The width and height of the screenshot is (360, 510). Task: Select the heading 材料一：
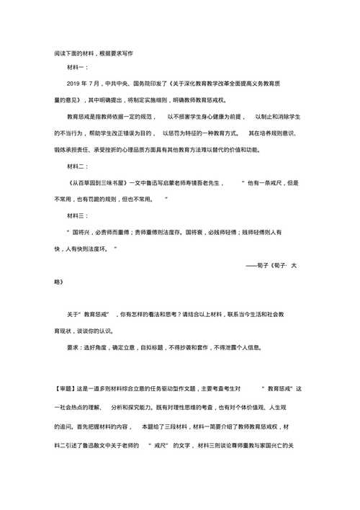click(x=77, y=68)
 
